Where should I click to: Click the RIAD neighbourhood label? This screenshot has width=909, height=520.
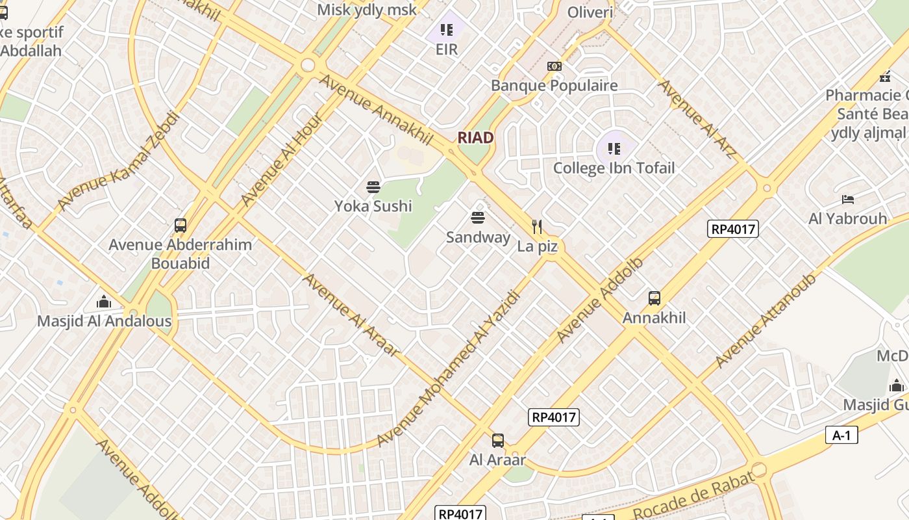475,138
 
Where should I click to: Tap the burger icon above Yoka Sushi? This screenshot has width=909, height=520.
373,188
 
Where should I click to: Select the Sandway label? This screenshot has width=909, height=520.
478,237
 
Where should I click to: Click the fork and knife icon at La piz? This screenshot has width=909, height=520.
537,227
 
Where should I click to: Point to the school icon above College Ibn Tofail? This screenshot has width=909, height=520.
614,149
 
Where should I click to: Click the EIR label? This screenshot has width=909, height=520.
447,49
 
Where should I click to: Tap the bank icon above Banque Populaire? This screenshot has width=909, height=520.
554,66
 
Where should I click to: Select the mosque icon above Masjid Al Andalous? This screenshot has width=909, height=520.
104,302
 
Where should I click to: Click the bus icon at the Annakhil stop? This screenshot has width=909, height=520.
654,298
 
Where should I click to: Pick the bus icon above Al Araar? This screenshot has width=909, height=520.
497,441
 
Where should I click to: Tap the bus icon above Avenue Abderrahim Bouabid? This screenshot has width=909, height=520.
181,226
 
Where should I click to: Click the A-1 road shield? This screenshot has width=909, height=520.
841,435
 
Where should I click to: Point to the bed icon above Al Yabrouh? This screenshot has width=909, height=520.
847,200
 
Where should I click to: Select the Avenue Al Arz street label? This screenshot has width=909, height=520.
697,119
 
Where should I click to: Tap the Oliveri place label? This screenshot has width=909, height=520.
590,12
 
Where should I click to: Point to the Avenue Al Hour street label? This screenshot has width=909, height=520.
281,160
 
